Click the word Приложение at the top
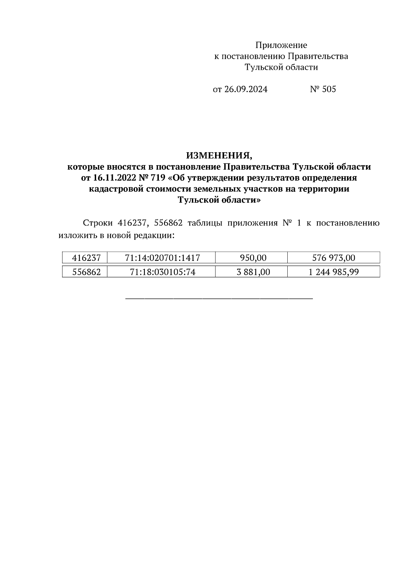[281, 45]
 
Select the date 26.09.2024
[246, 89]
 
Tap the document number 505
[329, 89]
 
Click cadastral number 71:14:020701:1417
[162, 258]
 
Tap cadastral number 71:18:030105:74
[162, 272]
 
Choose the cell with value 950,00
[253, 258]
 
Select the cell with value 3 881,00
[253, 272]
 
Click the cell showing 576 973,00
[334, 258]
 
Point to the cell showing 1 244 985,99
[334, 272]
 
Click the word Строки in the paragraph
[98, 223]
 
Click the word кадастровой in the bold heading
[116, 189]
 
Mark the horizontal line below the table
[219, 299]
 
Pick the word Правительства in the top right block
[318, 56]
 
